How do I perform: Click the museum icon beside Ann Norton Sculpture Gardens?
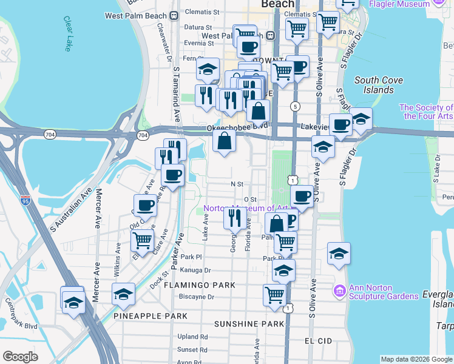[x=339, y=292]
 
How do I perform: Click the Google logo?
[x=21, y=356]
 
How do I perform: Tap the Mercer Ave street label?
[x=96, y=209]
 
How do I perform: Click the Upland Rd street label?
[x=192, y=337]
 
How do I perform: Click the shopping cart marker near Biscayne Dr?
[x=274, y=295]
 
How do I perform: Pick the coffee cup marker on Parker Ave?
[x=172, y=177]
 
